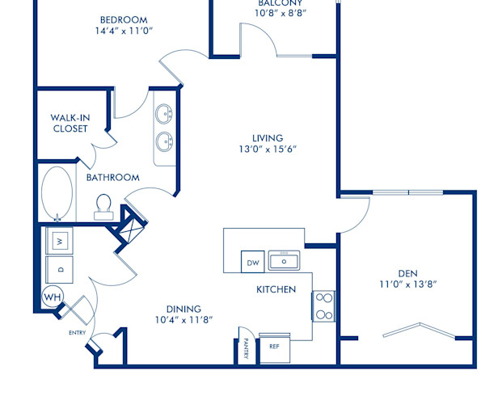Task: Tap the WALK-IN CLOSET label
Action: [x=70, y=123]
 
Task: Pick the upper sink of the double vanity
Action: [x=166, y=112]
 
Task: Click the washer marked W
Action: [x=60, y=240]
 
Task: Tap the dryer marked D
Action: [x=60, y=268]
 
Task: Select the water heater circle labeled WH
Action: [x=53, y=297]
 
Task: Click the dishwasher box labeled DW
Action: [x=252, y=263]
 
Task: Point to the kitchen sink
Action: [x=284, y=261]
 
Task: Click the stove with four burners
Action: [x=323, y=305]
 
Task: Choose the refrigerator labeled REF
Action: [x=274, y=346]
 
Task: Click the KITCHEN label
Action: [x=276, y=289]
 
